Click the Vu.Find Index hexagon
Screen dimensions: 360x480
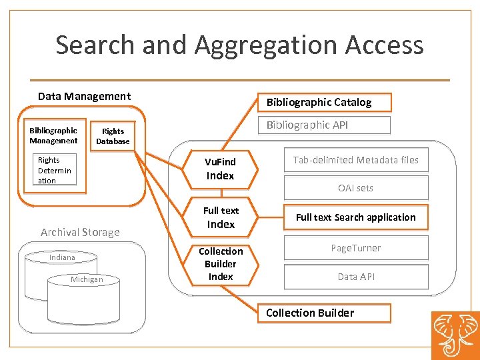(x=220, y=169)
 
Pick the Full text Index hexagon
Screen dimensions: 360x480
(x=220, y=217)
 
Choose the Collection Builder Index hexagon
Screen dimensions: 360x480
(x=220, y=264)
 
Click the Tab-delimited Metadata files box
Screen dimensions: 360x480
(x=356, y=160)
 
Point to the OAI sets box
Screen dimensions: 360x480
(x=356, y=188)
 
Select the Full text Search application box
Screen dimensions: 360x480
(x=356, y=217)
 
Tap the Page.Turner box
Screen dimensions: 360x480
(x=356, y=248)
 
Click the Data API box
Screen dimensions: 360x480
(x=356, y=277)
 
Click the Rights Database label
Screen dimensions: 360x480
(x=113, y=136)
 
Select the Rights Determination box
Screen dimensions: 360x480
(x=55, y=171)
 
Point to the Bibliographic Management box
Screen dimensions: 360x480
(x=53, y=135)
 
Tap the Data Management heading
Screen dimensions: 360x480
(x=84, y=96)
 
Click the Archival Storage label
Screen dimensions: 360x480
(x=80, y=232)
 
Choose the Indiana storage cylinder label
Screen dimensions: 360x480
(x=62, y=257)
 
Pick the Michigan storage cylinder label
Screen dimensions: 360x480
(x=87, y=279)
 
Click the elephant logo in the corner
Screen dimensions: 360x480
(x=455, y=335)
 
